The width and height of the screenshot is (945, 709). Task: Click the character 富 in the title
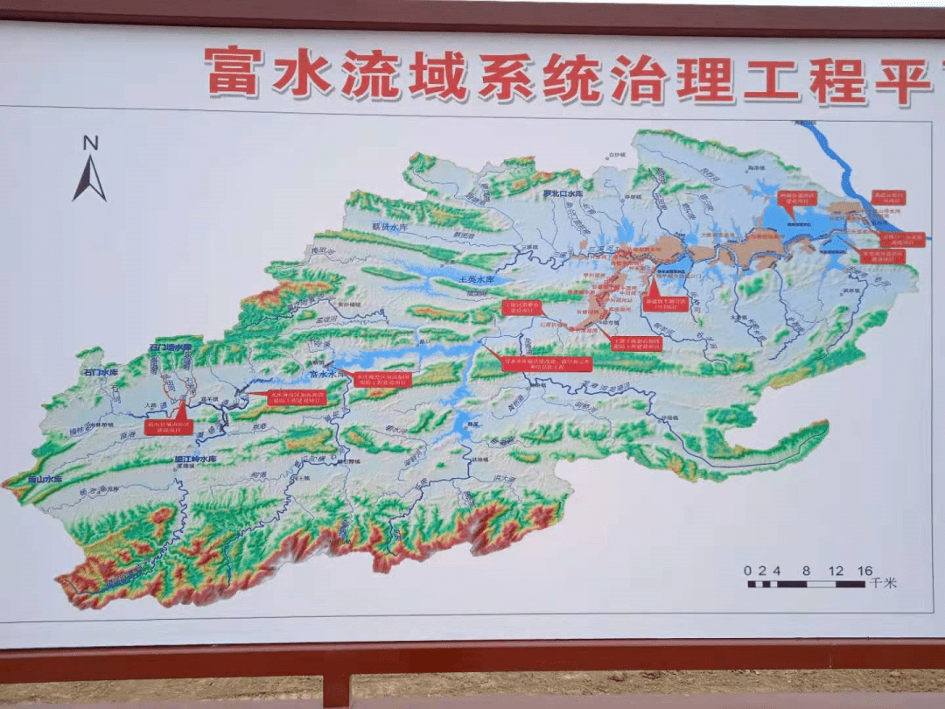coord(234,71)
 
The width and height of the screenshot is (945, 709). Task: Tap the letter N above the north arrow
coord(90,144)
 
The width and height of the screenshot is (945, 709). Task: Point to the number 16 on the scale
coord(864,571)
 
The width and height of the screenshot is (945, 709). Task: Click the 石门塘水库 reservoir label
coord(169,347)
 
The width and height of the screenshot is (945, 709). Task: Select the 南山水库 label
coord(44,480)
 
